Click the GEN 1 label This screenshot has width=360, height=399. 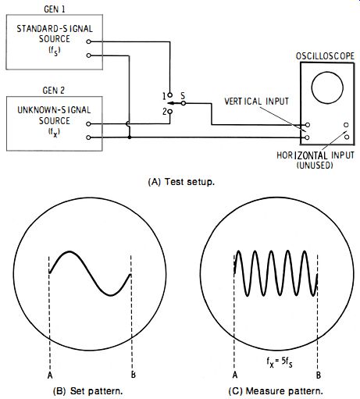coord(55,9)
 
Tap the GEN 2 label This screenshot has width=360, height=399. coord(53,91)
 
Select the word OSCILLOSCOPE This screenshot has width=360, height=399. coord(325,56)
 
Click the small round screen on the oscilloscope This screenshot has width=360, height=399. coord(327,87)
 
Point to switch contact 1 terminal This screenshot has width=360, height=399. coord(169,95)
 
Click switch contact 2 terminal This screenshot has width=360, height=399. coord(169,112)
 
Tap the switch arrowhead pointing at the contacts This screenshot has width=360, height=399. coord(169,103)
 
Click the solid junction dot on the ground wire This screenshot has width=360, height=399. coord(130,137)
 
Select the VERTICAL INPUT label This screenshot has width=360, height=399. coord(256,102)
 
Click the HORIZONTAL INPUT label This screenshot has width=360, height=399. coord(315,155)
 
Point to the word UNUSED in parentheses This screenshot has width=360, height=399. coord(315,165)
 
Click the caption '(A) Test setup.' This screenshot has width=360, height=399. coord(181,182)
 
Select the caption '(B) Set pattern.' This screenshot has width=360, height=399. coord(87,391)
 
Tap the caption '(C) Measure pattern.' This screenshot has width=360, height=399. coord(276,391)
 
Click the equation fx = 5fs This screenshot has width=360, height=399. coord(280,362)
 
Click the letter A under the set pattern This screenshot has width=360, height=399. coord(50,375)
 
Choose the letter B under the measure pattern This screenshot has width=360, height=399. coord(319,375)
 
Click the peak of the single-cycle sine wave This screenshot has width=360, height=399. coord(70,251)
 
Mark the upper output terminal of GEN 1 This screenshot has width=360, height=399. coord(88,41)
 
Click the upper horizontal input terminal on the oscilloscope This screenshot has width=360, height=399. coord(346,125)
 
